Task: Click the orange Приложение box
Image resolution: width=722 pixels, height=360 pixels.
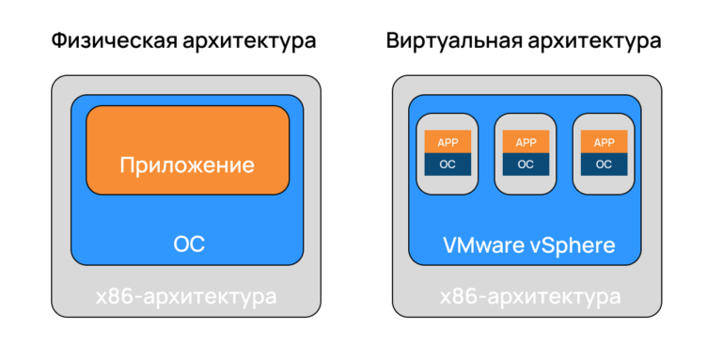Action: pyautogui.click(x=187, y=150)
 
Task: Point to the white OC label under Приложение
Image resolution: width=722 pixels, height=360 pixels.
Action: pyautogui.click(x=188, y=245)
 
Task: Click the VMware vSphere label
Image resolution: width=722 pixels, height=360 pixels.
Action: pyautogui.click(x=528, y=246)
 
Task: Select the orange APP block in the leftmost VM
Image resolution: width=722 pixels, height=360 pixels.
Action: pyautogui.click(x=447, y=142)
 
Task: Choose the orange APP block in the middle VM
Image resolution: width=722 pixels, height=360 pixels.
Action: pyautogui.click(x=526, y=142)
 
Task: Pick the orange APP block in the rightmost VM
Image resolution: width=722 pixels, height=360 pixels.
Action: pyautogui.click(x=604, y=142)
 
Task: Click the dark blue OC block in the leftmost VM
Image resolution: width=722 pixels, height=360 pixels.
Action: pyautogui.click(x=447, y=164)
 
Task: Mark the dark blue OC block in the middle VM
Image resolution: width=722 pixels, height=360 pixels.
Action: pyautogui.click(x=526, y=164)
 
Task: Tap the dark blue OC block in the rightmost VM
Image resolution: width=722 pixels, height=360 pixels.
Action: pyautogui.click(x=604, y=164)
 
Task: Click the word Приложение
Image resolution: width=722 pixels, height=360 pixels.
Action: pyautogui.click(x=187, y=165)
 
